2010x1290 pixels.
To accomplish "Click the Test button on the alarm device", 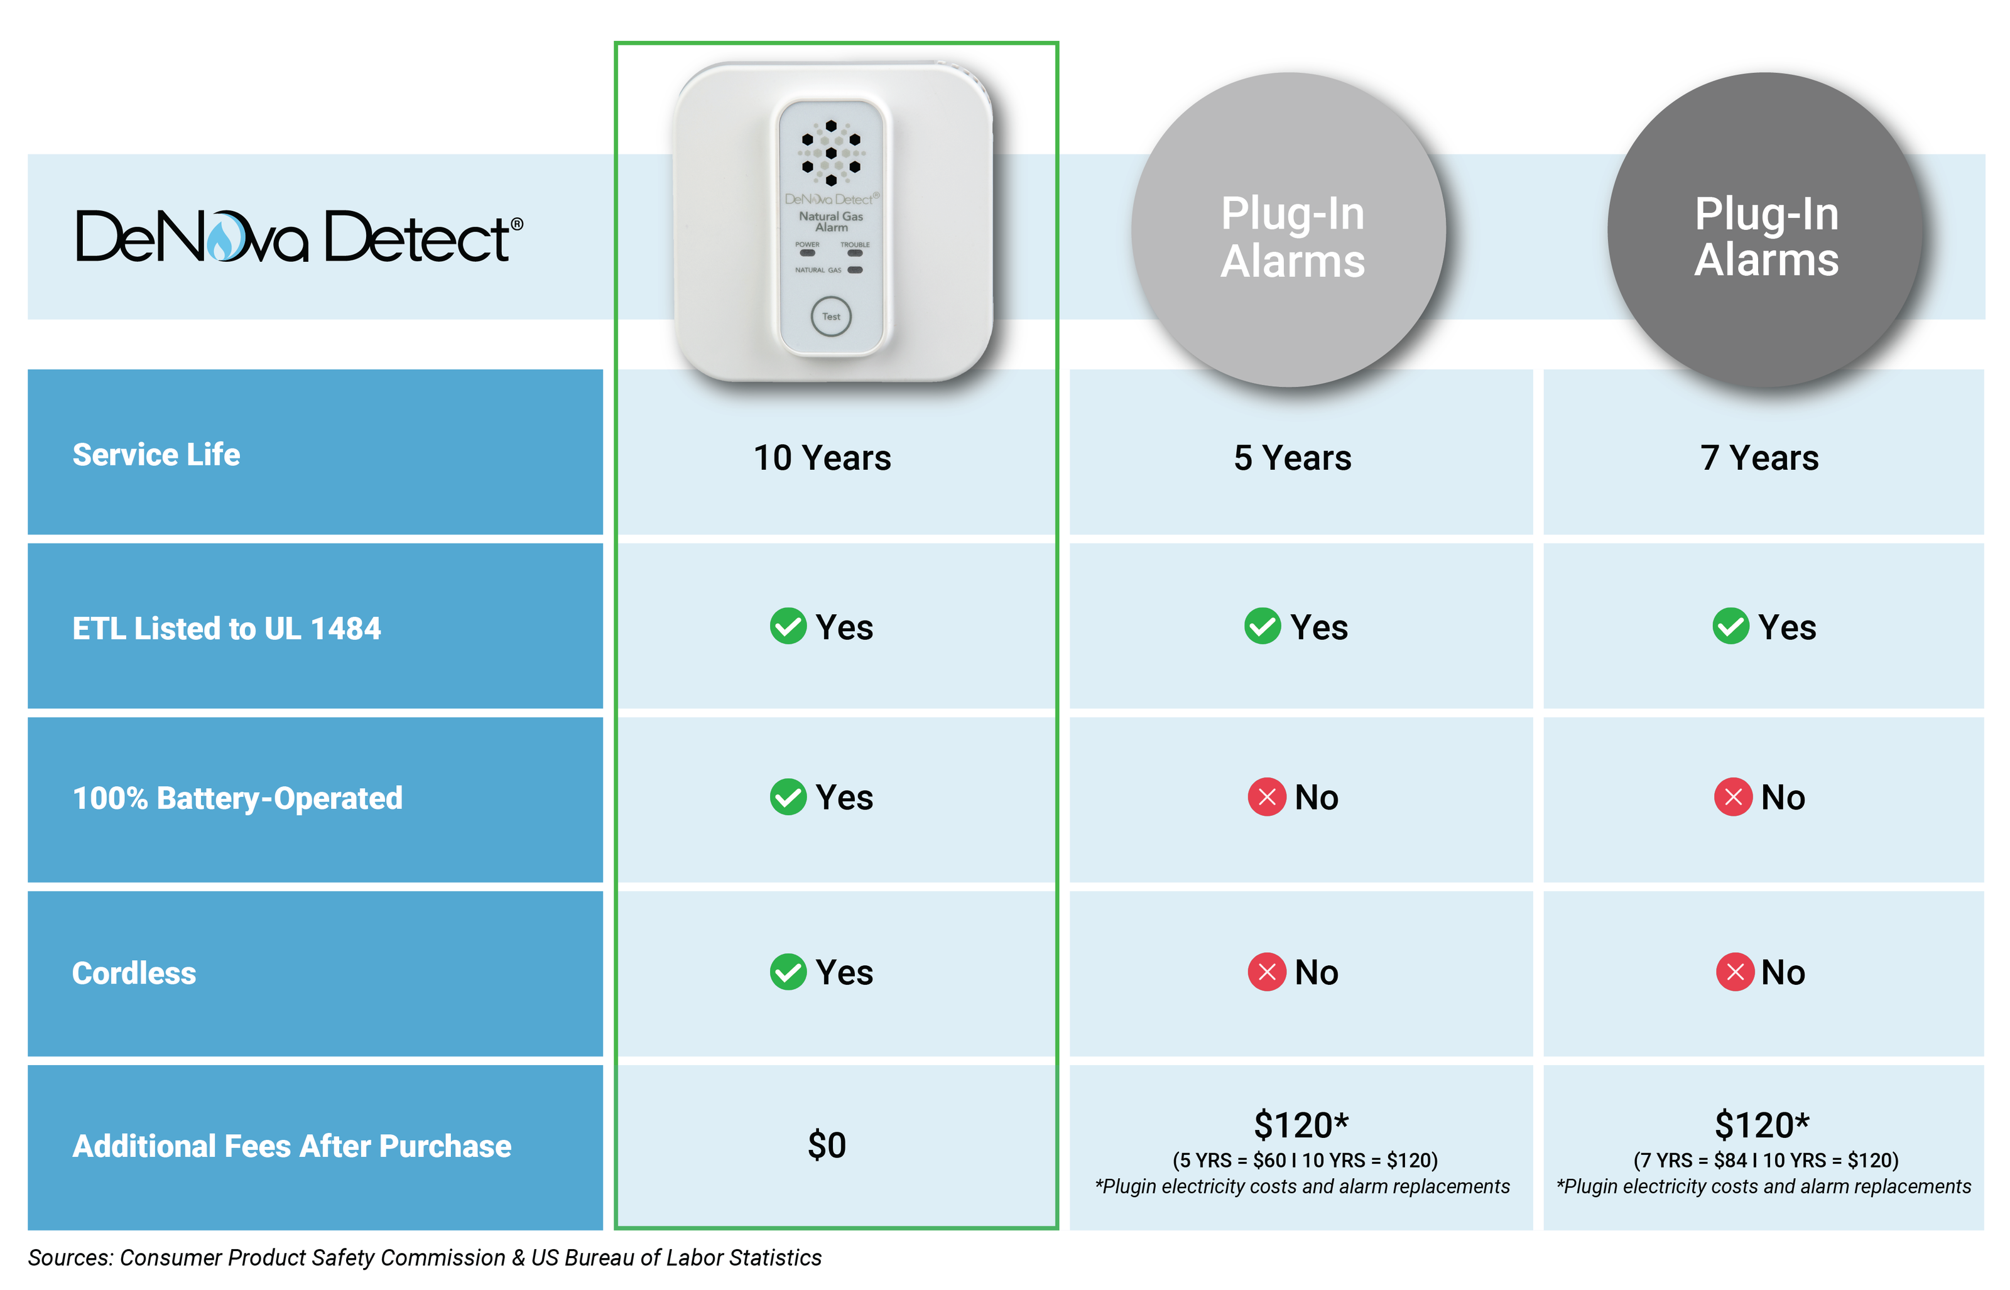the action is pos(831,317).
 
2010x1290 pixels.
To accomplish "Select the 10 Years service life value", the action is pos(822,458).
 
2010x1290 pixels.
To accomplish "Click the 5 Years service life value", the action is pos(1292,458).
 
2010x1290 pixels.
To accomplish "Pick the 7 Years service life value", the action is pos(1759,458).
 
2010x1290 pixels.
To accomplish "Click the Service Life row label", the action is pos(156,455).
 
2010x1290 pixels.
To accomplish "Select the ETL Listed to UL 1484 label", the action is pos(227,628).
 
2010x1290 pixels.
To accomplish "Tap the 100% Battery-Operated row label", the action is pos(238,798).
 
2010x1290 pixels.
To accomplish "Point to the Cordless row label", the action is pos(134,973).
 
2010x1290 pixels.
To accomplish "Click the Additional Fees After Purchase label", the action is pos(292,1146).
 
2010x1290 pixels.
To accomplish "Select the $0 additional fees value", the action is pos(827,1145).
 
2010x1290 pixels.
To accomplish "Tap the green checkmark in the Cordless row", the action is pos(788,972).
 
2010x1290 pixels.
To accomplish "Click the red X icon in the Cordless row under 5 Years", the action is pos(1267,972).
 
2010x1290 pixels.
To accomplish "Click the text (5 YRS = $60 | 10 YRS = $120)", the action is pos(1305,1160).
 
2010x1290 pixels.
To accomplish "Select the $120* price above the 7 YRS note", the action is pos(1762,1125).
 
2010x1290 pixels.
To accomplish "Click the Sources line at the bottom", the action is pos(425,1258).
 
